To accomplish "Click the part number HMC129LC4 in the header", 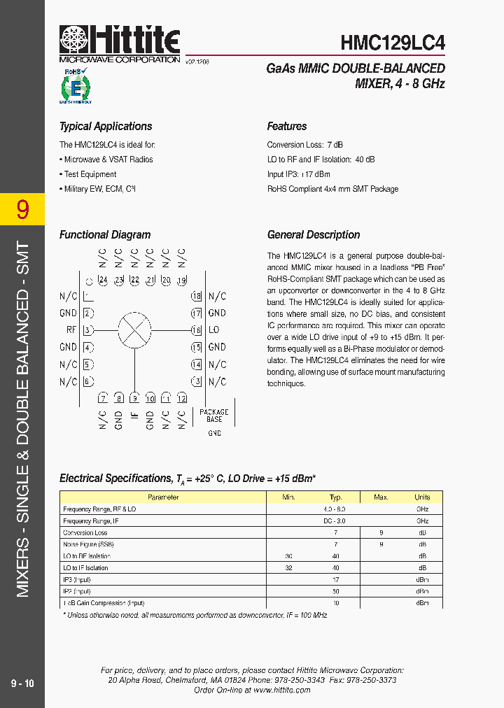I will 392,43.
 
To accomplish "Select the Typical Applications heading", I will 106,127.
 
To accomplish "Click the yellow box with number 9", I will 22,209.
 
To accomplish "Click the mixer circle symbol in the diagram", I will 134,330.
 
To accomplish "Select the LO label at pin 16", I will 213,330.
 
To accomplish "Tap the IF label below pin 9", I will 134,420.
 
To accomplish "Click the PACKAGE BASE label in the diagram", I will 214,416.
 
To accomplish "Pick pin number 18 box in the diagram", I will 197,297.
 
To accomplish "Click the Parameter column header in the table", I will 163,497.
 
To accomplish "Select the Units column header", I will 422,497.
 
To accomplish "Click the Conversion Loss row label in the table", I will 85,532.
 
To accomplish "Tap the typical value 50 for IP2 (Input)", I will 336,591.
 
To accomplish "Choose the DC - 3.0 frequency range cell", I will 334,521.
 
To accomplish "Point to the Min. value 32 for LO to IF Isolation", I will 288,568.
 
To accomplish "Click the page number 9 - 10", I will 22,683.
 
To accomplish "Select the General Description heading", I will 314,235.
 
